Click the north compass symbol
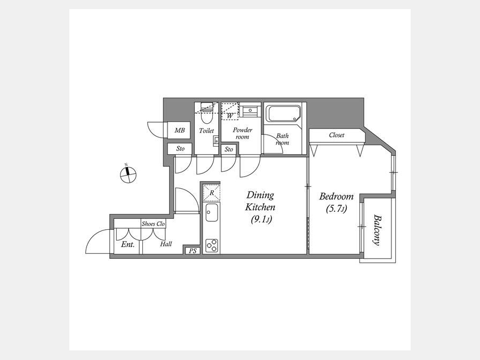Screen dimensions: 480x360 [128, 175]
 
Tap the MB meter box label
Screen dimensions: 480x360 [180, 131]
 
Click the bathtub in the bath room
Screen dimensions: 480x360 [283, 114]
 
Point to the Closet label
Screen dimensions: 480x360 [337, 135]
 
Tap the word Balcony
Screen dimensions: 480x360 [377, 230]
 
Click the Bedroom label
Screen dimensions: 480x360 [336, 196]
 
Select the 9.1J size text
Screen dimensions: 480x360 [261, 220]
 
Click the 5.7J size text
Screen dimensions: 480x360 [336, 209]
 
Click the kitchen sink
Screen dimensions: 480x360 [212, 212]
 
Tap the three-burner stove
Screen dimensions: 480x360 [212, 245]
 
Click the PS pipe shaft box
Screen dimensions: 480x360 [193, 251]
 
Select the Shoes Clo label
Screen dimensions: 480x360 [153, 224]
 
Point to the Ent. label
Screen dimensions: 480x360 [127, 244]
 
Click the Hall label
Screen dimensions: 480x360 [166, 244]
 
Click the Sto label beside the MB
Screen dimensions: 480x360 [180, 149]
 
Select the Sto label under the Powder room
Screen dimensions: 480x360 [229, 149]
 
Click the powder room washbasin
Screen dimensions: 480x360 [250, 110]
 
